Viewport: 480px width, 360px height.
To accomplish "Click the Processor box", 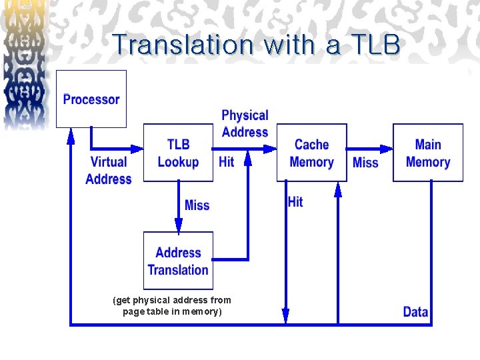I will click(91, 99).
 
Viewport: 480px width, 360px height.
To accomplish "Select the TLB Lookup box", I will click(178, 153).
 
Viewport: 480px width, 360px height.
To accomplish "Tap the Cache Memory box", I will click(311, 153).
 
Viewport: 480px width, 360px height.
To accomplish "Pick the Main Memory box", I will click(427, 153).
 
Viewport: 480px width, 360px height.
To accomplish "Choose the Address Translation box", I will click(178, 261).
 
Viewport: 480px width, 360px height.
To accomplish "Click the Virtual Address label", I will click(109, 170).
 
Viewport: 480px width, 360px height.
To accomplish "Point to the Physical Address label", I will click(245, 123).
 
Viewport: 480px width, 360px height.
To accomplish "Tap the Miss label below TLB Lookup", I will click(197, 205).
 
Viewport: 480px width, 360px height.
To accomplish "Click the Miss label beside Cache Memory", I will click(365, 163).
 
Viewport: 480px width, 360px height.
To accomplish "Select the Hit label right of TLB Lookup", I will click(227, 162).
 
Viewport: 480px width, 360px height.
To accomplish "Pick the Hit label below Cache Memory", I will click(295, 202).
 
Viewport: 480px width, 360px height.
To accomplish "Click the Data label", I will click(415, 311).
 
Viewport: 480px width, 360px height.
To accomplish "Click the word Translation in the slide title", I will click(183, 45).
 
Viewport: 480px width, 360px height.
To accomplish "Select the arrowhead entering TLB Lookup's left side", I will click(138, 149).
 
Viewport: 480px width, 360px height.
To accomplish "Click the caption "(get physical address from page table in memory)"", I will click(172, 306).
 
